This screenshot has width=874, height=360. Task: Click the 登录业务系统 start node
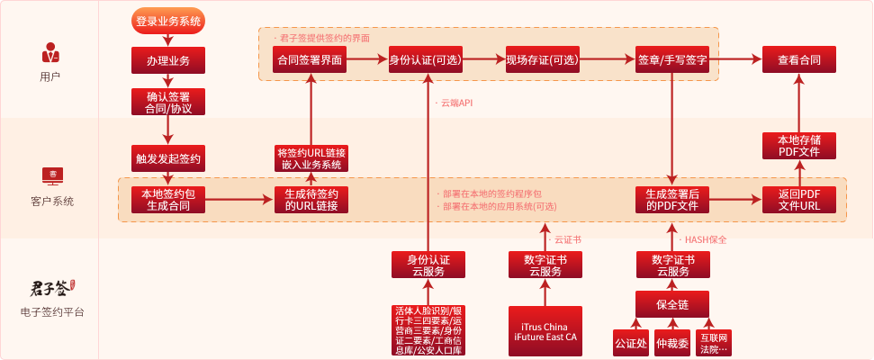click(168, 21)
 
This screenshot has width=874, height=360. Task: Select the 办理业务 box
click(168, 60)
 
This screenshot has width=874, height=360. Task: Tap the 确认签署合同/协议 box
click(168, 102)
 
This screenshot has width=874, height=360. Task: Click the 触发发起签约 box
click(168, 157)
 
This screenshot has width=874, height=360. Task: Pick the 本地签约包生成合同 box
click(168, 200)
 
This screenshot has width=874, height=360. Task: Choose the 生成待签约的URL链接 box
click(311, 200)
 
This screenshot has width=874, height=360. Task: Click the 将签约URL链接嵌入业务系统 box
click(311, 157)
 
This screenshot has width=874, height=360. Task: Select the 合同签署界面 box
click(311, 60)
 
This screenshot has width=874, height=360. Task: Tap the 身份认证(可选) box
click(428, 60)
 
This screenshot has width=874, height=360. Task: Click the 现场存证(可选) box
click(543, 60)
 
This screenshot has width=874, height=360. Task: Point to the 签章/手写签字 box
click(672, 60)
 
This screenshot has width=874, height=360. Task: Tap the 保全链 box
click(672, 304)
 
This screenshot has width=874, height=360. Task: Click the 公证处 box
click(630, 343)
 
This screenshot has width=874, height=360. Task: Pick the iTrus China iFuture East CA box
click(544, 331)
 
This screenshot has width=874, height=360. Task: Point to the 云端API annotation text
click(456, 103)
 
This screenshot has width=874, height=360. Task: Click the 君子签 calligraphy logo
click(50, 289)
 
